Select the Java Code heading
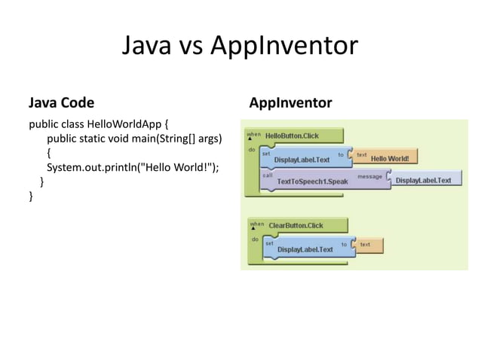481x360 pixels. click(x=61, y=102)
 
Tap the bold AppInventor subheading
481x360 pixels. click(x=290, y=102)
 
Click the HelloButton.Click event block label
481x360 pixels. click(x=292, y=136)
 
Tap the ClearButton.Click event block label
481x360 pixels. click(x=296, y=225)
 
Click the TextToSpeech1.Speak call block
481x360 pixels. click(x=312, y=182)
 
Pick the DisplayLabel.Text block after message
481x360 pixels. click(x=423, y=181)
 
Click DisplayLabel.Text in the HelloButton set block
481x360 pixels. click(x=302, y=160)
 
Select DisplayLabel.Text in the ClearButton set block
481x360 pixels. click(x=305, y=249)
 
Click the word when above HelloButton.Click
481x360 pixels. click(x=254, y=134)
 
